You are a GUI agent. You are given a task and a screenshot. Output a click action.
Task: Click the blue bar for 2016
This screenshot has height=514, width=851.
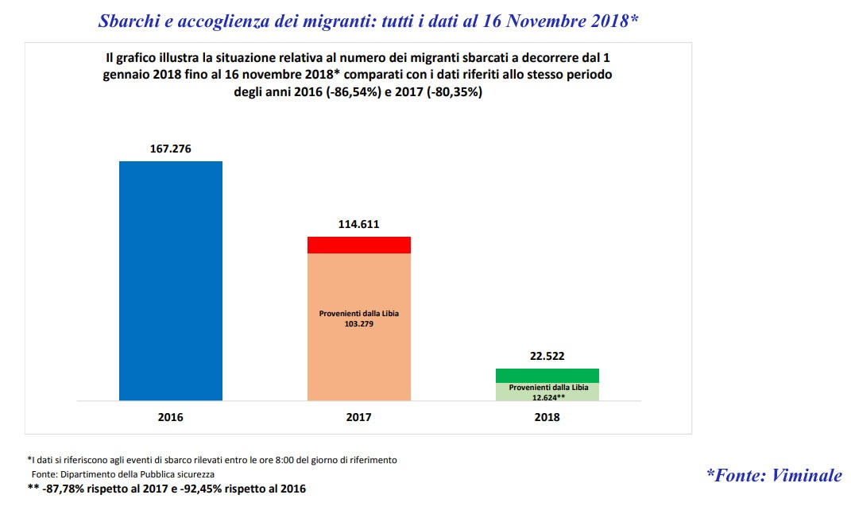coord(171,280)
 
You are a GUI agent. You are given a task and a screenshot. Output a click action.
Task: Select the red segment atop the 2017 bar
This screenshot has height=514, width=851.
coord(359,245)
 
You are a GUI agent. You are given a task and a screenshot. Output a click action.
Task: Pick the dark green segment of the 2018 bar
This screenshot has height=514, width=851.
coord(547,376)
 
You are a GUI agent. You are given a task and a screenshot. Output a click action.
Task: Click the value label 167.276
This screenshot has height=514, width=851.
coord(171,149)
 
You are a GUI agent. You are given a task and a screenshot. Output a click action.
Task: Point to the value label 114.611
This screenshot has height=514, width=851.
coord(359,224)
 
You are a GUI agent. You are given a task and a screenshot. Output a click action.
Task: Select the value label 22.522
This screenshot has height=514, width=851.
coord(547,357)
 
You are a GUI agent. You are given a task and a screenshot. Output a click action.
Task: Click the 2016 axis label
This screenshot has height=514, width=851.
coord(171,416)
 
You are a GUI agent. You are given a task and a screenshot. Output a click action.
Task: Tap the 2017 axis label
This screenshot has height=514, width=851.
coord(359,416)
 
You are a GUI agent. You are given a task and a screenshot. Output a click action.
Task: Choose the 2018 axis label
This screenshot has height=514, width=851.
coord(547,416)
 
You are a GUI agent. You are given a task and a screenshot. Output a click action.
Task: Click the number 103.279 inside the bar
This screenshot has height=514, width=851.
coord(359,323)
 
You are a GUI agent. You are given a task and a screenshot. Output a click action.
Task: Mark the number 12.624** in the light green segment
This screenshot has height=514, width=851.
coord(547,396)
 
